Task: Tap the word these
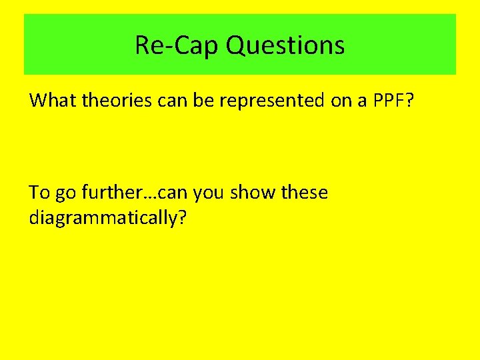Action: pyautogui.click(x=305, y=193)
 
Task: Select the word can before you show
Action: pyautogui.click(x=176, y=194)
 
